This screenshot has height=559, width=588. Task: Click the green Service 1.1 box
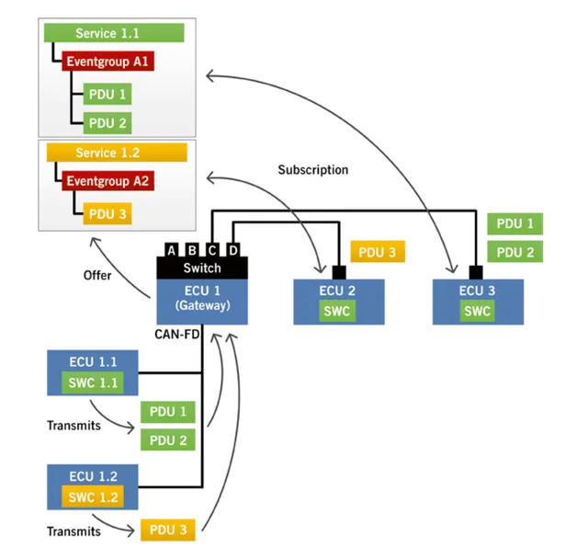click(115, 34)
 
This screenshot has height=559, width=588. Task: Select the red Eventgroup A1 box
click(107, 63)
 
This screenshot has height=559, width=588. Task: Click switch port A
click(172, 249)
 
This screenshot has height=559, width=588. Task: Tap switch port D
click(234, 249)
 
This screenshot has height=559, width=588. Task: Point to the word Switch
click(202, 268)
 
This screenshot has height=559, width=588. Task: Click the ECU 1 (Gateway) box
click(202, 300)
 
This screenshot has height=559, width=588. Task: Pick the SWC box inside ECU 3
click(476, 311)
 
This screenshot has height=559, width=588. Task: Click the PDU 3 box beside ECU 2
click(378, 252)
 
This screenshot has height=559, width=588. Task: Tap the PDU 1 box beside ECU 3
click(514, 223)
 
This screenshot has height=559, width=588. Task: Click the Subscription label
click(313, 170)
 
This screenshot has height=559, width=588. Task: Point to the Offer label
click(98, 274)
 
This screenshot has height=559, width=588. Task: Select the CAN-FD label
click(177, 337)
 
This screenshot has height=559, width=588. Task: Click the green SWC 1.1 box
click(92, 382)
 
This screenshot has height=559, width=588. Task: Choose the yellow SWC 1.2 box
click(92, 497)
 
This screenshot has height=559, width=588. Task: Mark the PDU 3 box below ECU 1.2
click(168, 530)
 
